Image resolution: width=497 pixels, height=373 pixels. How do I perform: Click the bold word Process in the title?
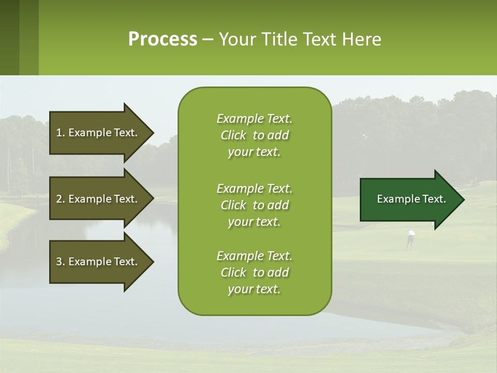click(163, 39)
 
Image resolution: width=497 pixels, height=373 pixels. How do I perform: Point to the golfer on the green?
click(410, 239)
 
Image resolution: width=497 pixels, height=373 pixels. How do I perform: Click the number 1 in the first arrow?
click(59, 133)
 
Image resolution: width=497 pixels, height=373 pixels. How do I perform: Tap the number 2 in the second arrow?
click(59, 199)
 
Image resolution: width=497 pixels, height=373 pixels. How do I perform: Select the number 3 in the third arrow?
click(59, 262)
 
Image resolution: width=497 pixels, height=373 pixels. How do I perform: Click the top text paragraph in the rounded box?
click(254, 135)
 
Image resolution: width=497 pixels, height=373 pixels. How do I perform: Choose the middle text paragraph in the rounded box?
click(254, 205)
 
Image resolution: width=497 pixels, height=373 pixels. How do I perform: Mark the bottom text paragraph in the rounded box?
click(254, 272)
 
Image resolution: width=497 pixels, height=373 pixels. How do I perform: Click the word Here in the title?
click(361, 39)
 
